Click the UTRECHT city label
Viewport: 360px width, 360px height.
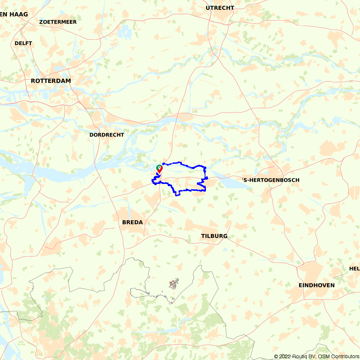[x=220, y=8]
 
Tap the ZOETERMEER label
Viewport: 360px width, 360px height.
[x=58, y=22]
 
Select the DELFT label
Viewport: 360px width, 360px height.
[x=23, y=43]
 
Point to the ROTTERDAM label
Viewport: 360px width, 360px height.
[x=51, y=81]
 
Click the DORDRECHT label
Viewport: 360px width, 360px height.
[x=107, y=135]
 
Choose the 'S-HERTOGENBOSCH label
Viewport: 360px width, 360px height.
[x=270, y=180]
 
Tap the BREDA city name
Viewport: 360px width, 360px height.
[x=132, y=222]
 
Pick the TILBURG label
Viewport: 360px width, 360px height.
[x=214, y=236]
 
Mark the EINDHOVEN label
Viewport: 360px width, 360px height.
[x=316, y=285]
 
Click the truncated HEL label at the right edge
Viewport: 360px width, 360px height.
[x=354, y=269]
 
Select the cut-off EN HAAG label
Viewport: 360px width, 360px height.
[x=14, y=14]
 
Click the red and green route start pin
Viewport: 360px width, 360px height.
[x=159, y=168]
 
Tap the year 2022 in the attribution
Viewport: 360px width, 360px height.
[x=285, y=356]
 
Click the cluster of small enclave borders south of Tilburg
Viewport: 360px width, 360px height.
[x=174, y=284]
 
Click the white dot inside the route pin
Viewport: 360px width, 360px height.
[x=159, y=167]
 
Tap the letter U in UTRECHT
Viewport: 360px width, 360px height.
[x=208, y=8]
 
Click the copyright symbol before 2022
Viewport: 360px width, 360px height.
[x=276, y=356]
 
